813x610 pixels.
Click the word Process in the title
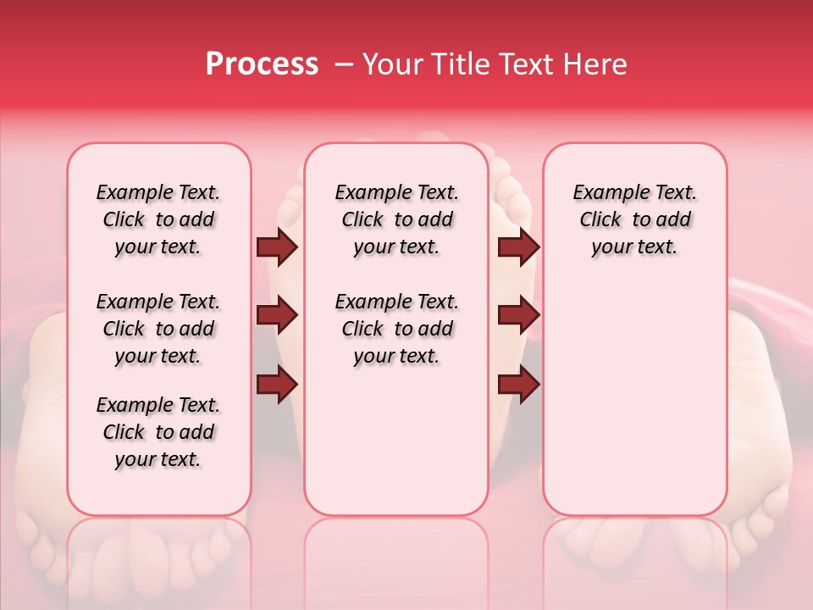pyautogui.click(x=262, y=64)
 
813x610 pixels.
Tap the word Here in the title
pyautogui.click(x=596, y=64)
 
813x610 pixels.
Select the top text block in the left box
pyautogui.click(x=158, y=219)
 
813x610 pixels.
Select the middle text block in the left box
pyautogui.click(x=158, y=329)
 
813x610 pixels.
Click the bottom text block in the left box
pyautogui.click(x=158, y=432)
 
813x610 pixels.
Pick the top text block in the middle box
pyautogui.click(x=396, y=219)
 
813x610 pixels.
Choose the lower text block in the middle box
pyautogui.click(x=396, y=329)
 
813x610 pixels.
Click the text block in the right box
pyautogui.click(x=634, y=219)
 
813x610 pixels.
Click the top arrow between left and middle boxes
pyautogui.click(x=277, y=247)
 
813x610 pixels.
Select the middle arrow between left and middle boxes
pyautogui.click(x=277, y=316)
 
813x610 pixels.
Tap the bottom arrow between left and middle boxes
pyautogui.click(x=277, y=384)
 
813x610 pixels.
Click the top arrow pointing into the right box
pyautogui.click(x=518, y=247)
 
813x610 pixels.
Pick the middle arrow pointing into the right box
pyautogui.click(x=518, y=316)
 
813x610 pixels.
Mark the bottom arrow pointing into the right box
pyautogui.click(x=518, y=384)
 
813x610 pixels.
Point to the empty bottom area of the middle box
pyautogui.click(x=396, y=449)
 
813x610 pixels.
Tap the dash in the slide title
pyautogui.click(x=344, y=64)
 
